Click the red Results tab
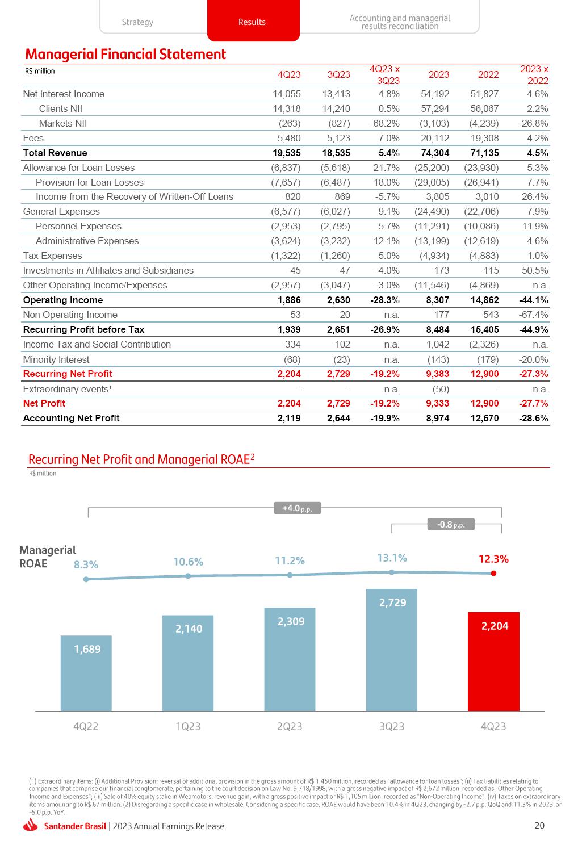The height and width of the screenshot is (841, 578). click(x=253, y=22)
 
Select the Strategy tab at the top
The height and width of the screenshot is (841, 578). click(x=137, y=22)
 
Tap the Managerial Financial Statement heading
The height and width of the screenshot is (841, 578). click(x=125, y=55)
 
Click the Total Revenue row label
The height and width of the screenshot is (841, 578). click(x=55, y=153)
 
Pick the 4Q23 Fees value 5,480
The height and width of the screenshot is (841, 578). click(x=287, y=138)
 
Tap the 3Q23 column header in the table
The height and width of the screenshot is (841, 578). click(x=339, y=74)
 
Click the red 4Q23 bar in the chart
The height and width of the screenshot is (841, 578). click(x=493, y=661)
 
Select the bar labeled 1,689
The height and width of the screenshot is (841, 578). click(x=86, y=673)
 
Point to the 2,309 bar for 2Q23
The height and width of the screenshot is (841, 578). click(x=290, y=659)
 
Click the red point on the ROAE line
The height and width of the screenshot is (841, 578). click(x=493, y=573)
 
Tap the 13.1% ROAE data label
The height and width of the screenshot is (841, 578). click(x=392, y=558)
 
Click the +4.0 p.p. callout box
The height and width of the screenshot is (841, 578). click(x=298, y=508)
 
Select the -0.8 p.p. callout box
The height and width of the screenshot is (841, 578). click(x=451, y=525)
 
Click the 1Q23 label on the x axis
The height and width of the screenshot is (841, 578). click(x=188, y=726)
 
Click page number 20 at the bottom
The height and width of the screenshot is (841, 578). click(x=539, y=826)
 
